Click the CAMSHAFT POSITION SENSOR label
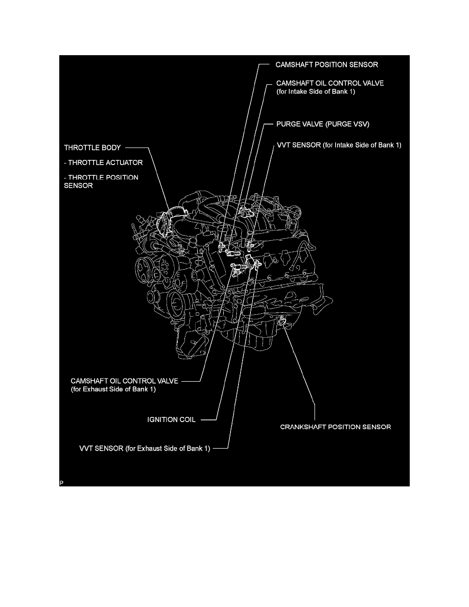(x=326, y=65)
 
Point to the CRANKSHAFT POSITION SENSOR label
(x=336, y=427)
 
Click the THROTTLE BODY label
(x=92, y=148)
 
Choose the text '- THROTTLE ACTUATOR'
(x=103, y=162)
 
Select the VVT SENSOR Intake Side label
(x=339, y=145)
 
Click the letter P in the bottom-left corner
(x=61, y=482)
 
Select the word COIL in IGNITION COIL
(x=187, y=420)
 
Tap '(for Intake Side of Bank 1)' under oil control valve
(x=316, y=91)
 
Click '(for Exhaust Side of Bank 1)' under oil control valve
(x=113, y=389)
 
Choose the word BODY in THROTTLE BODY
(x=109, y=148)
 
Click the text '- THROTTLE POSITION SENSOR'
(x=101, y=181)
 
